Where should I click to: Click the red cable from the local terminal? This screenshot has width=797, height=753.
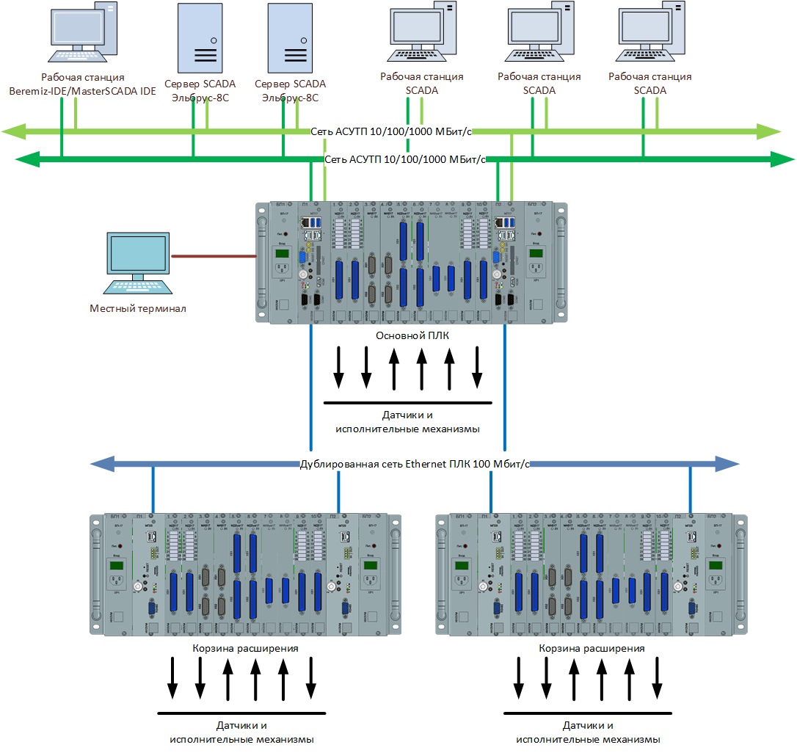tap(213, 256)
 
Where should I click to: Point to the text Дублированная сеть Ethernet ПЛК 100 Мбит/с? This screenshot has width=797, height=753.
tap(415, 464)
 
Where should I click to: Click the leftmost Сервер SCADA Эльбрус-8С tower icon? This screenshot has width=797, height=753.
tap(200, 37)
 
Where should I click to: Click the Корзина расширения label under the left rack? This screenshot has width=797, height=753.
tap(245, 649)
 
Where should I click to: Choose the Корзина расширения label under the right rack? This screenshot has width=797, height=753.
tap(592, 649)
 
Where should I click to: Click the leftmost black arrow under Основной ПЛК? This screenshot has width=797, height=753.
tap(338, 367)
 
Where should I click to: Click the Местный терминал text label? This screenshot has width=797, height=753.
tap(138, 308)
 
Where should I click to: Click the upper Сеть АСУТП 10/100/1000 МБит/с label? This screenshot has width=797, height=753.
tap(390, 131)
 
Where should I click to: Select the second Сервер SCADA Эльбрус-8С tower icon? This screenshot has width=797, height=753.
tap(289, 37)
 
